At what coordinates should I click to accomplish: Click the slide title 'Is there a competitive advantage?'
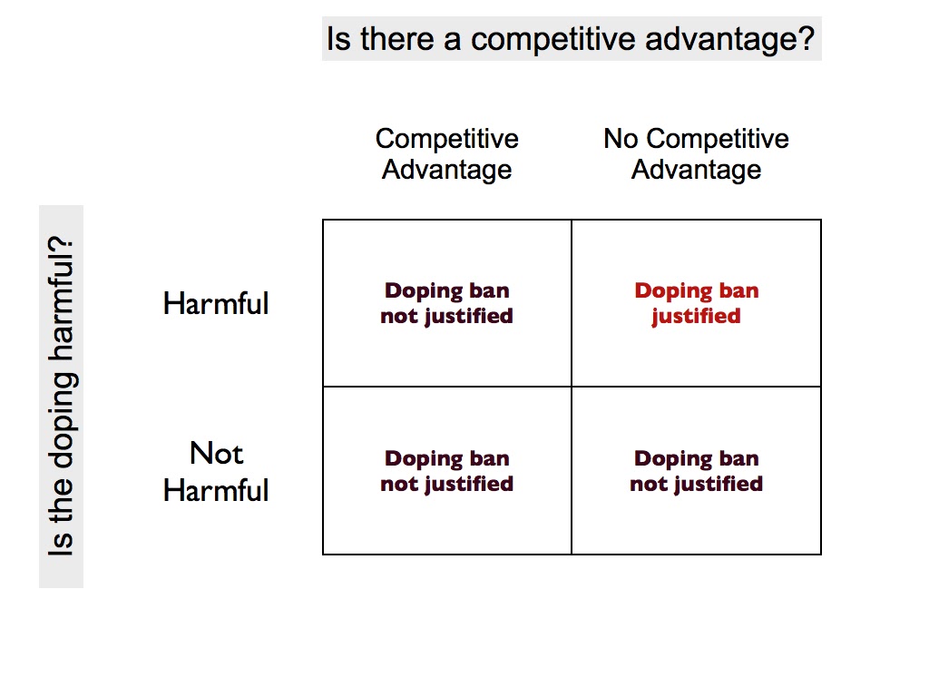[571, 40]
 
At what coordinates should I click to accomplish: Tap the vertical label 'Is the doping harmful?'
[62, 397]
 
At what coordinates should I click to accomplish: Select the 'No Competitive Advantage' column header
[696, 154]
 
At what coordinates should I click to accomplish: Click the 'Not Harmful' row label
[216, 471]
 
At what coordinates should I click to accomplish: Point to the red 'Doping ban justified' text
[696, 303]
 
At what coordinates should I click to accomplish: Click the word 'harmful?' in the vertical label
[62, 304]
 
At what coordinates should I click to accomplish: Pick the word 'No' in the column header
[621, 139]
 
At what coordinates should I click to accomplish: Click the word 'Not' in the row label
[216, 453]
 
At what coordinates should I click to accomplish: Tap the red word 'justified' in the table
[696, 317]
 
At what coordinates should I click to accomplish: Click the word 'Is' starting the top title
[337, 40]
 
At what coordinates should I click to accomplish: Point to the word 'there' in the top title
[390, 40]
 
